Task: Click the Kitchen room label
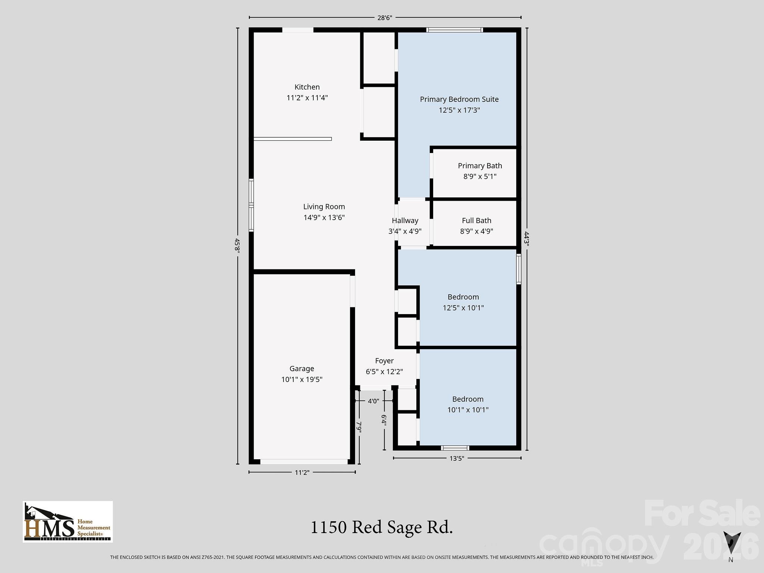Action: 307,87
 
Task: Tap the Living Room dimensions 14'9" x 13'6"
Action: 324,217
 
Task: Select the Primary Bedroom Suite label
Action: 459,99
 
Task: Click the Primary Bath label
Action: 480,166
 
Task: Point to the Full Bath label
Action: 476,220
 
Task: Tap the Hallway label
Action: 405,220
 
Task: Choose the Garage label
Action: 301,369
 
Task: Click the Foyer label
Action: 384,361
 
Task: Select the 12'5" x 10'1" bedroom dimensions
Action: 463,308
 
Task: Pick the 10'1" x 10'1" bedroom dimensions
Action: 468,410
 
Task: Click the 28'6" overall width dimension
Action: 385,18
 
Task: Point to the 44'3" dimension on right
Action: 526,239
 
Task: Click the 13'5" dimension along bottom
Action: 456,458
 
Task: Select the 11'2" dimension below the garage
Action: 302,473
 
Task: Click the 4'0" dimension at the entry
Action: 373,401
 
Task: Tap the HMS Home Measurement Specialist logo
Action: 68,522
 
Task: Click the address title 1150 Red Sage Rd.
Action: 381,527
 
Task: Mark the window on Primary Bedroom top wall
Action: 454,30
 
